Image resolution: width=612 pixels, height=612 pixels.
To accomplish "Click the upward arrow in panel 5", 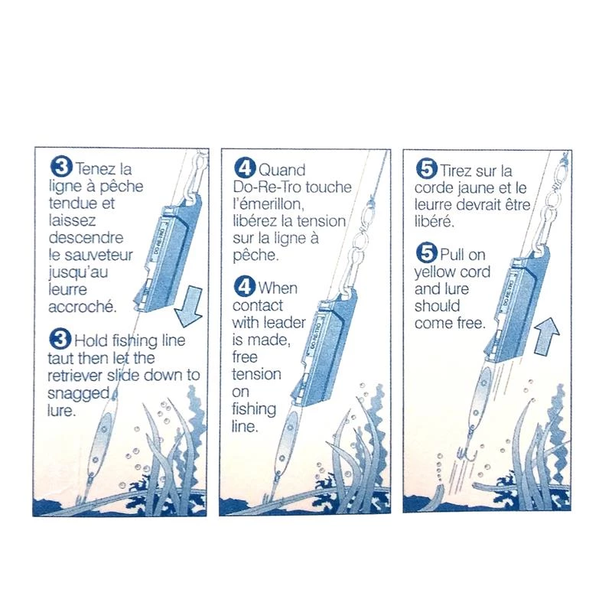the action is pos(546,336).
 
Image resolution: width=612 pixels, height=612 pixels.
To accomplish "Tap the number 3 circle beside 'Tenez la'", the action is pos(62,167).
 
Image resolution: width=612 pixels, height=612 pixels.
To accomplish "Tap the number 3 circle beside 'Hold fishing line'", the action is pos(60,339).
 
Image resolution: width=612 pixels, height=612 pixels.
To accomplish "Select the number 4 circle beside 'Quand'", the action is pos(245,168).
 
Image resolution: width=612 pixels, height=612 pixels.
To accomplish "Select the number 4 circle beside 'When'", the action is pos(244,287).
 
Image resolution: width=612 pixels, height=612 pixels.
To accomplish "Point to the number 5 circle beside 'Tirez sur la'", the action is pos(427,169).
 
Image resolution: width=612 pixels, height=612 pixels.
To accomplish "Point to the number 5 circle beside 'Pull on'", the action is pos(427,253).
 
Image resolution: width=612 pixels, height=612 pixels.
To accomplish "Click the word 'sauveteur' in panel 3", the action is pos(98,256).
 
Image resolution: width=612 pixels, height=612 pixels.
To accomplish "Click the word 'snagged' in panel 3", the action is pos(79,393).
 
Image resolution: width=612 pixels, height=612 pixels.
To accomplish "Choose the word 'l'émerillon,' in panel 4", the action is pos(269,204).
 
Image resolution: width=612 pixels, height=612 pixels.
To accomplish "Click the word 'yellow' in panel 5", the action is pos(436,272).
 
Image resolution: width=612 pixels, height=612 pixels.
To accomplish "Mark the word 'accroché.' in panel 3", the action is pos(83,307).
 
